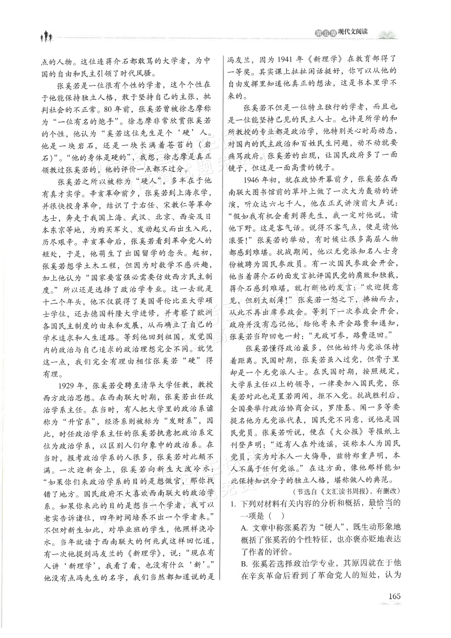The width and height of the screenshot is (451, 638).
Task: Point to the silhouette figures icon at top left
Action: [46, 36]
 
